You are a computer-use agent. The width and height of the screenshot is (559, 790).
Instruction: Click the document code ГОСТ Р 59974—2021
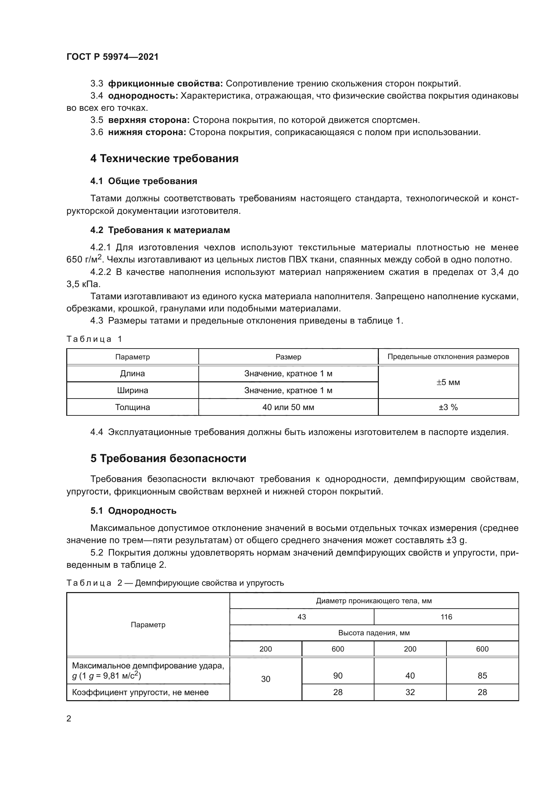point(113,57)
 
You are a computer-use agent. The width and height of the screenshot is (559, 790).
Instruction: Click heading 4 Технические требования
point(164,159)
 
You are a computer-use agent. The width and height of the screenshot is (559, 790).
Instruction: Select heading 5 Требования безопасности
point(168,459)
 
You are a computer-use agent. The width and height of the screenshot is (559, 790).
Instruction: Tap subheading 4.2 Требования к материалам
point(160,230)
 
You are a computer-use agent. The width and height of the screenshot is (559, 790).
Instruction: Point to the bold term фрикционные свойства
point(166,84)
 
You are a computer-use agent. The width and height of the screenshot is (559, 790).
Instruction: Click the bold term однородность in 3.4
point(143,96)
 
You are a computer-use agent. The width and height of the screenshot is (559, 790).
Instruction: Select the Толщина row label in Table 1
point(132,407)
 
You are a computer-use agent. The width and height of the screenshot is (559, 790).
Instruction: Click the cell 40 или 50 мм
point(288,407)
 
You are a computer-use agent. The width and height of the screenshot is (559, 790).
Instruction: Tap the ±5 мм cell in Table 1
point(448,382)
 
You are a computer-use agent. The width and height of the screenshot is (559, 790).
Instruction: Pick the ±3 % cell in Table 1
point(448,407)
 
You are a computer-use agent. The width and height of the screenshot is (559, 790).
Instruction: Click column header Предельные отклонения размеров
point(448,357)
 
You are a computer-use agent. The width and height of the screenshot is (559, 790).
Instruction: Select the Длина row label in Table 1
point(132,374)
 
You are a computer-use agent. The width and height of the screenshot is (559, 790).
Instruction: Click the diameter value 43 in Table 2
point(301,617)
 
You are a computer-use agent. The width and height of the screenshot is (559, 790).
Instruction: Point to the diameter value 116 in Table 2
point(446,617)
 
